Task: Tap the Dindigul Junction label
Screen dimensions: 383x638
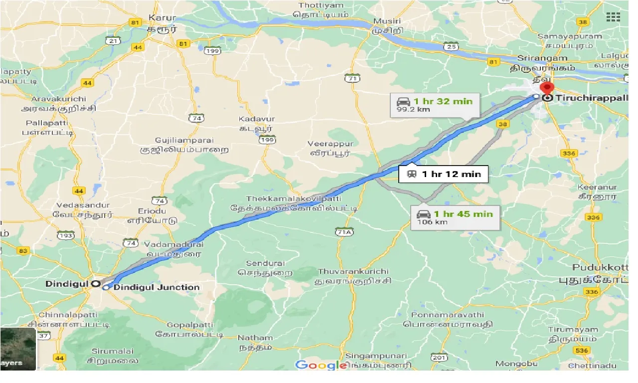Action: pos(157,287)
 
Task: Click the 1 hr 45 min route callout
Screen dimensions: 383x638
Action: pos(455,217)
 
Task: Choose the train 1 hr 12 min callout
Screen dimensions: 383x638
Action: pos(443,174)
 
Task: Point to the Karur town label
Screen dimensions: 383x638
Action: pos(162,18)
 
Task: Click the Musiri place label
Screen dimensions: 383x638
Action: pos(385,21)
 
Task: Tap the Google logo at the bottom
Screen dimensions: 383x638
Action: pos(321,365)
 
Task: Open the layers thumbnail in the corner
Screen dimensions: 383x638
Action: pos(18,349)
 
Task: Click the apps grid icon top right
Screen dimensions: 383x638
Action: pos(613,17)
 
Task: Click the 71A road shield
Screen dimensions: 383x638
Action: pos(344,232)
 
